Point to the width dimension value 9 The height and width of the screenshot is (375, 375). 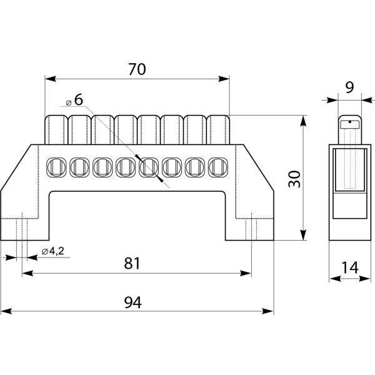[349, 87]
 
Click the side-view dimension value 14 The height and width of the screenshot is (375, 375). [350, 269]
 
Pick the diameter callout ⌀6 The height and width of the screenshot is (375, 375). [74, 100]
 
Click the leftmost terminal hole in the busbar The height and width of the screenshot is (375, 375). [56, 167]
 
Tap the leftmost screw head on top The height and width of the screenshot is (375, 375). [56, 128]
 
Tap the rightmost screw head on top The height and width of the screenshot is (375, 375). [218, 128]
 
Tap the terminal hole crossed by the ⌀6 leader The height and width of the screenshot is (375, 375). [149, 167]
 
